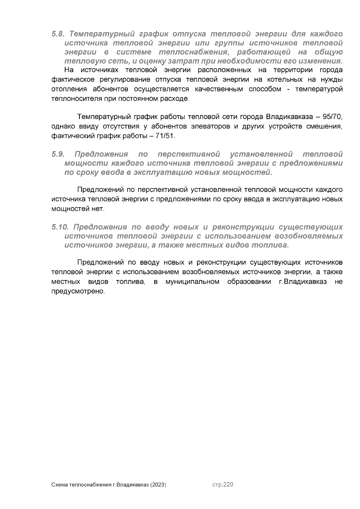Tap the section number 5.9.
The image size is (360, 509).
pyautogui.click(x=58, y=154)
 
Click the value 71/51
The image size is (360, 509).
pyautogui.click(x=165, y=136)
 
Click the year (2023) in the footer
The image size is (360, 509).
pyautogui.click(x=158, y=485)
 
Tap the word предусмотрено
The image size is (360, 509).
pyautogui.click(x=79, y=292)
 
